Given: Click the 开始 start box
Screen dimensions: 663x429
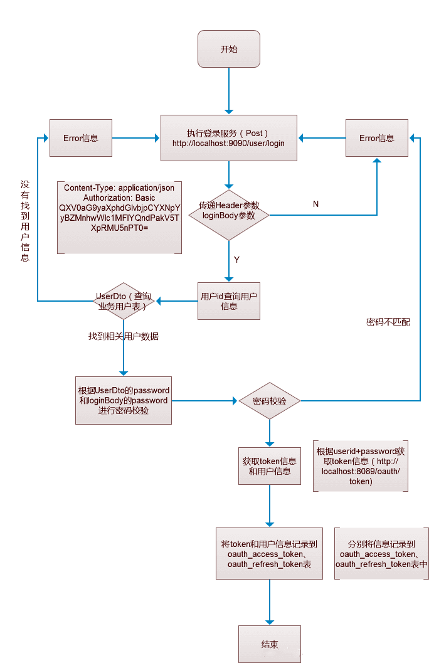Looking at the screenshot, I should pyautogui.click(x=229, y=49).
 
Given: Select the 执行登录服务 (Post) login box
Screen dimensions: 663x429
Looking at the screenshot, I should pyautogui.click(x=229, y=138).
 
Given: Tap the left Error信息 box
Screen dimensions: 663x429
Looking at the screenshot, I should pyautogui.click(x=81, y=138).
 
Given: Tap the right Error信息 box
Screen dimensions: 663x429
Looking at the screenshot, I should pyautogui.click(x=377, y=138).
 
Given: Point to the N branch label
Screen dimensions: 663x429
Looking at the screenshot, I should pyautogui.click(x=315, y=204).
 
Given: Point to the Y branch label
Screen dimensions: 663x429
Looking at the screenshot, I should pyautogui.click(x=236, y=258).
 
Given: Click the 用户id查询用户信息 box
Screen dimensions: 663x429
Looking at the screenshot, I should pyautogui.click(x=229, y=301).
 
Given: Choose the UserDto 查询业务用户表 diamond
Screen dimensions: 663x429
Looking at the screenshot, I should pyautogui.click(x=124, y=301).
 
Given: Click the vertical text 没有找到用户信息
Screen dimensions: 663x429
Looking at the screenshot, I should pyautogui.click(x=25, y=221).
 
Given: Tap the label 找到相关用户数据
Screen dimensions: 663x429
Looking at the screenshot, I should pyautogui.click(x=124, y=337).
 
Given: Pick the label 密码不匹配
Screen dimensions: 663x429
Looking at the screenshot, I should pyautogui.click(x=388, y=322).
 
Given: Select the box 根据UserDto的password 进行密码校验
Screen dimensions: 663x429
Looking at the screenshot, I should pyautogui.click(x=124, y=400).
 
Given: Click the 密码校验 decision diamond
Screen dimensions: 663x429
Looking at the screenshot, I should pyautogui.click(x=270, y=401).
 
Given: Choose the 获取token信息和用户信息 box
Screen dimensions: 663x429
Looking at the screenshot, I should pyautogui.click(x=270, y=466).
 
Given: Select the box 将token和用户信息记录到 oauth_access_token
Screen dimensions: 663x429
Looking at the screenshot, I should pyautogui.click(x=270, y=553).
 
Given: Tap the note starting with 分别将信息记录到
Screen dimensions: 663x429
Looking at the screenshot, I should pyautogui.click(x=382, y=553).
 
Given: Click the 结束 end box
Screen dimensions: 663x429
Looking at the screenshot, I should pyautogui.click(x=270, y=644).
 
